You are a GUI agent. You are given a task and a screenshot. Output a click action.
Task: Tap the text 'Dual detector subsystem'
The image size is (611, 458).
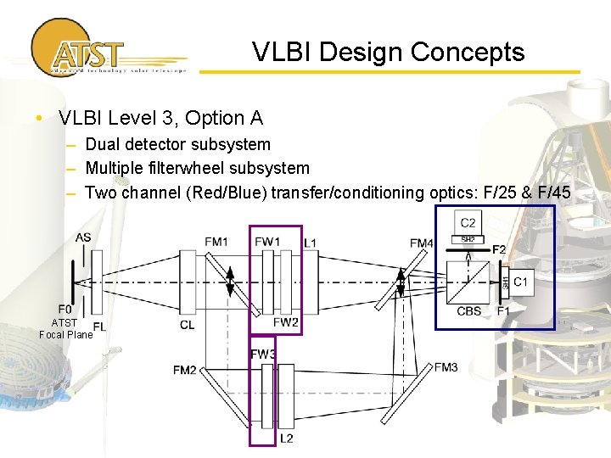coord(177,145)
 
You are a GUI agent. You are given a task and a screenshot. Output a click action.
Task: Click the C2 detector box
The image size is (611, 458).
coord(468,223)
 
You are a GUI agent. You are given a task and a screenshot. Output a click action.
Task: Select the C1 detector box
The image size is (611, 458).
coord(520,281)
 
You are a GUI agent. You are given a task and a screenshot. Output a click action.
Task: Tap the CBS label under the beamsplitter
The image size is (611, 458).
coord(469,311)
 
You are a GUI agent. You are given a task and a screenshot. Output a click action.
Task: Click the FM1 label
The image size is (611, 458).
coord(216,243)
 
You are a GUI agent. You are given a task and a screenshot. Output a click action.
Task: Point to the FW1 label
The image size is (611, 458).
coord(266,243)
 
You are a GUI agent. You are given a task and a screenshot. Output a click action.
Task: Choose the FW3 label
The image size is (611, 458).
coord(262,354)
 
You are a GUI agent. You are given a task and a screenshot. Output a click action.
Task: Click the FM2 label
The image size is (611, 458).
coord(184,370)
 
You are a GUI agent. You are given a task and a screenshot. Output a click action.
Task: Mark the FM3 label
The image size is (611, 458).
coord(446,366)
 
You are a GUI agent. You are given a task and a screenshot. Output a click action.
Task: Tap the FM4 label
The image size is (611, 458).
coord(422,243)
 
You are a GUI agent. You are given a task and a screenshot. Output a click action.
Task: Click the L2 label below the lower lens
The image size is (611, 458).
coord(287,438)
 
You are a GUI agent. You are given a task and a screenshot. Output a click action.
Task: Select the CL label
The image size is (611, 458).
coord(188,324)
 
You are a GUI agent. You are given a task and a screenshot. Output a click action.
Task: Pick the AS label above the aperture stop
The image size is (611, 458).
coord(83,237)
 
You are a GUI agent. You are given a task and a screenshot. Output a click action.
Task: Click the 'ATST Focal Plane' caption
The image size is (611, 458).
coord(65,328)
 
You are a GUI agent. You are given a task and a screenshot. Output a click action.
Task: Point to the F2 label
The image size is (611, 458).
coord(500,249)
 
